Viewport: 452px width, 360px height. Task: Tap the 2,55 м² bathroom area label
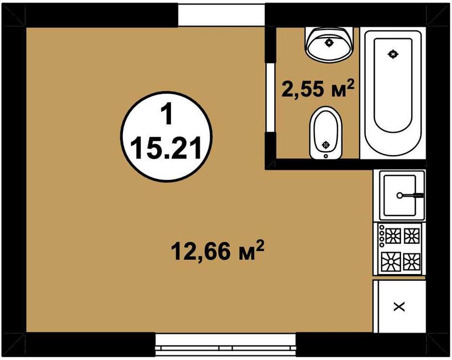[x=317, y=88]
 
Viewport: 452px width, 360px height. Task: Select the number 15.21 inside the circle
[x=166, y=148]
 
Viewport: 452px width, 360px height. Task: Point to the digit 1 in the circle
[x=166, y=115]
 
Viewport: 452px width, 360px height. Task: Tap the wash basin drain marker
[x=329, y=43]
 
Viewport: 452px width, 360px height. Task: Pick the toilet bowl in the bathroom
[x=326, y=133]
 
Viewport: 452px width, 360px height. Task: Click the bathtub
[x=393, y=93]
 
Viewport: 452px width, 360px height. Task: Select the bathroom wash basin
[x=329, y=44]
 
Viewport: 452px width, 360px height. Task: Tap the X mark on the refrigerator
[x=399, y=307]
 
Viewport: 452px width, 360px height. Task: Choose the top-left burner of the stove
[x=393, y=236]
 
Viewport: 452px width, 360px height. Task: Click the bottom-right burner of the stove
[x=411, y=261]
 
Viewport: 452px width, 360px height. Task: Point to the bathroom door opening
[x=271, y=98]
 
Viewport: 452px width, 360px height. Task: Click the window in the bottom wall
[x=225, y=345]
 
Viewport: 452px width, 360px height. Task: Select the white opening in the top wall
[x=221, y=15]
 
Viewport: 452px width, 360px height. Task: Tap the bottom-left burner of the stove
[x=391, y=261]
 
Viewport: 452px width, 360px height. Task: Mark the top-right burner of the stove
[x=411, y=236]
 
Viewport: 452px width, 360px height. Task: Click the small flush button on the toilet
[x=326, y=156]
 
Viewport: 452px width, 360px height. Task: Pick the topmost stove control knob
[x=382, y=227]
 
